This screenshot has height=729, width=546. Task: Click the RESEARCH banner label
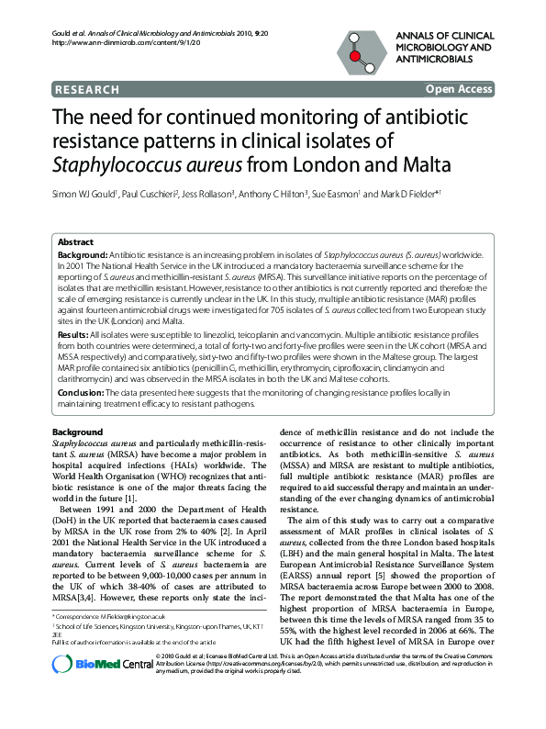point(87,89)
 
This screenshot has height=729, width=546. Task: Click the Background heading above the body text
point(77,432)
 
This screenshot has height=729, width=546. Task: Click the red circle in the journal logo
point(353,56)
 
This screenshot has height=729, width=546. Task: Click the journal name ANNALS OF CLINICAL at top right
point(445,35)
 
